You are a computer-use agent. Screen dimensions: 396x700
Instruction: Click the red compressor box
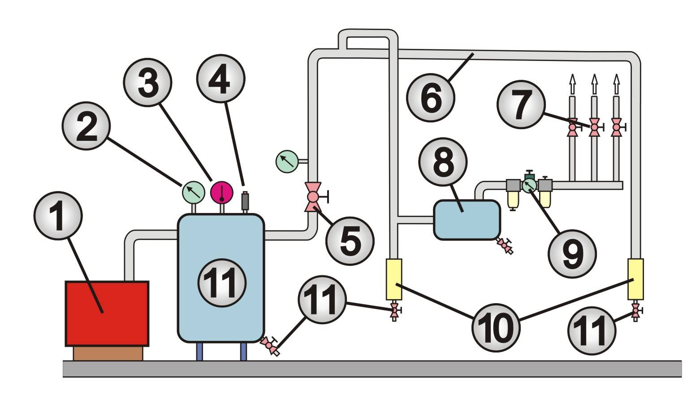coord(107,313)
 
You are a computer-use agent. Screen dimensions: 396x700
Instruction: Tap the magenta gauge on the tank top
coord(222,192)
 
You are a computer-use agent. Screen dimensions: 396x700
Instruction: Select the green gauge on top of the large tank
coord(193,192)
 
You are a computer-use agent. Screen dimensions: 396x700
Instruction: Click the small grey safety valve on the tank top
coord(245,201)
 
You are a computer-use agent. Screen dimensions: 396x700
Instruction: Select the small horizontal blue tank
coord(467,220)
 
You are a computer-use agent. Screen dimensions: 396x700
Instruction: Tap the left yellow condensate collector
coord(394,279)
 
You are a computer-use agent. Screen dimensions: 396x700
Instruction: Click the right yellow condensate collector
coord(635,279)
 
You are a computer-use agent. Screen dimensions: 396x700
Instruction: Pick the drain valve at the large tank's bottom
coord(270,346)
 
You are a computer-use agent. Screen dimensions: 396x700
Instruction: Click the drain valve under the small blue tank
coord(506,246)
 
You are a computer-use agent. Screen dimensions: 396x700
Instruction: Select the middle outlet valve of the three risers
coord(594,127)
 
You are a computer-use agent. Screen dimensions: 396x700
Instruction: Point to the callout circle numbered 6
coord(431,97)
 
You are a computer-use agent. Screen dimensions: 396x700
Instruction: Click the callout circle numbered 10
coord(496,326)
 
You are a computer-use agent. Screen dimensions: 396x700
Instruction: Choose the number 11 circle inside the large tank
coord(222,283)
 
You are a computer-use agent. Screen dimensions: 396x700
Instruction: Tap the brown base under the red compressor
coord(108,353)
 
